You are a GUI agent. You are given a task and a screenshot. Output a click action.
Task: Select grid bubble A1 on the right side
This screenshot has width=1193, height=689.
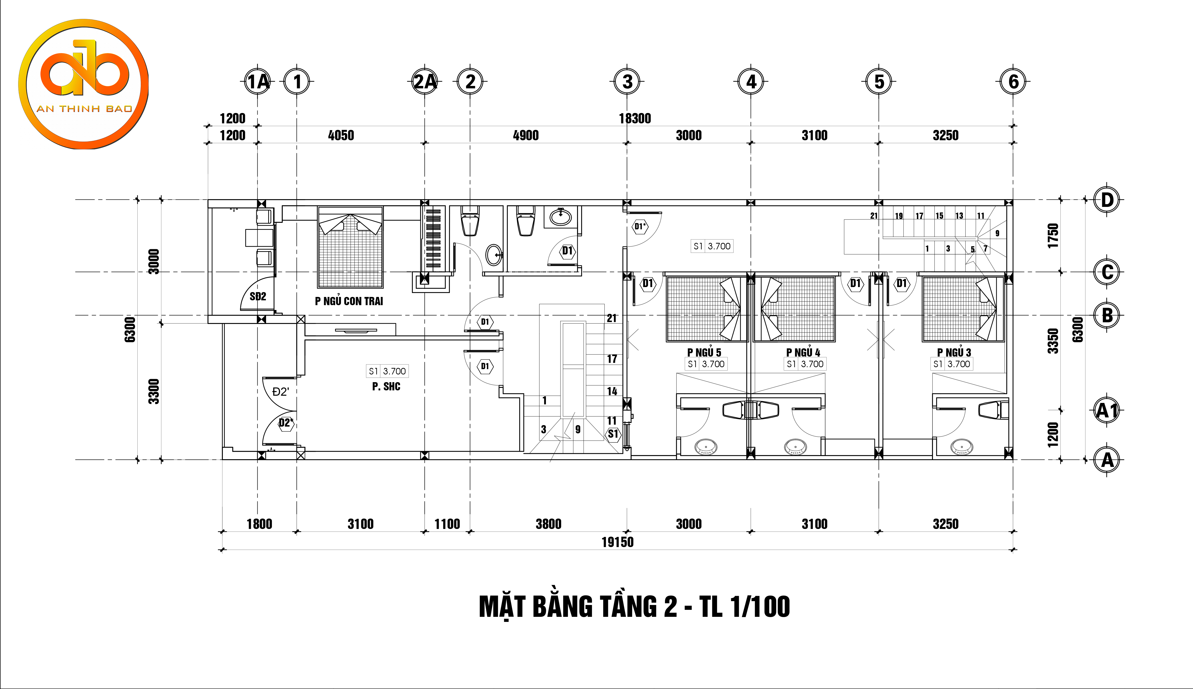[x=1107, y=410]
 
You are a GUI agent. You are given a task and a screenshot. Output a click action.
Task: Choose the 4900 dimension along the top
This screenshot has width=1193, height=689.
[x=526, y=135]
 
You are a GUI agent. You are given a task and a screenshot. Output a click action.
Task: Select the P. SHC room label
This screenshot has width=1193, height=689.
[x=386, y=387]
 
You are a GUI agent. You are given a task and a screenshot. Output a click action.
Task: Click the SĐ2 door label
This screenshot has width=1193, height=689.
[x=258, y=297]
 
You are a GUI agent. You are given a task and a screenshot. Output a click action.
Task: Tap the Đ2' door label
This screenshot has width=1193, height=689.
[x=281, y=392]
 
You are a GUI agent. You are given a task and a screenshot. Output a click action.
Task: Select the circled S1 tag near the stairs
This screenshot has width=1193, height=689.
[x=613, y=434]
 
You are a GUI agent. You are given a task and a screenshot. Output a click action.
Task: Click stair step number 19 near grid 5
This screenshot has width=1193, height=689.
[x=899, y=216]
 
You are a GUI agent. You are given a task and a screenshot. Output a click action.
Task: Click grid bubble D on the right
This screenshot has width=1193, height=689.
[x=1107, y=200]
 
